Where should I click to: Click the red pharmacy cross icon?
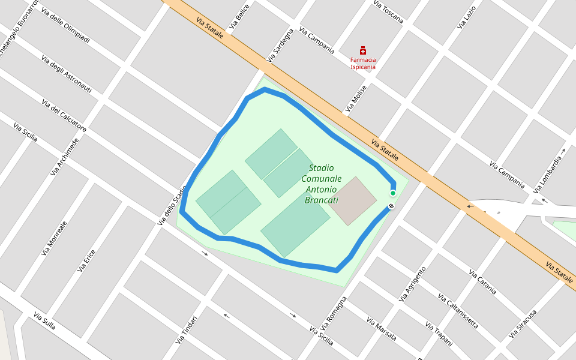point(363,50)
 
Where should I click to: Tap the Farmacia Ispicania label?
point(363,64)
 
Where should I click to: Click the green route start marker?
point(393,193)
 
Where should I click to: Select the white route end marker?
point(391,206)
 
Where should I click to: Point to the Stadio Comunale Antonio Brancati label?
point(321,184)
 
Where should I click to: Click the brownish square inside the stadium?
point(355,201)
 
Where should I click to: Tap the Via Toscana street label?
point(388,11)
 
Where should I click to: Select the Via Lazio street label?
point(466,17)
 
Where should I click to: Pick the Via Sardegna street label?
point(281,45)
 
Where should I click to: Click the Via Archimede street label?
point(64,157)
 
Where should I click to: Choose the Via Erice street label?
point(86,261)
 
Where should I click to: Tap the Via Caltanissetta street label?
point(458,311)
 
